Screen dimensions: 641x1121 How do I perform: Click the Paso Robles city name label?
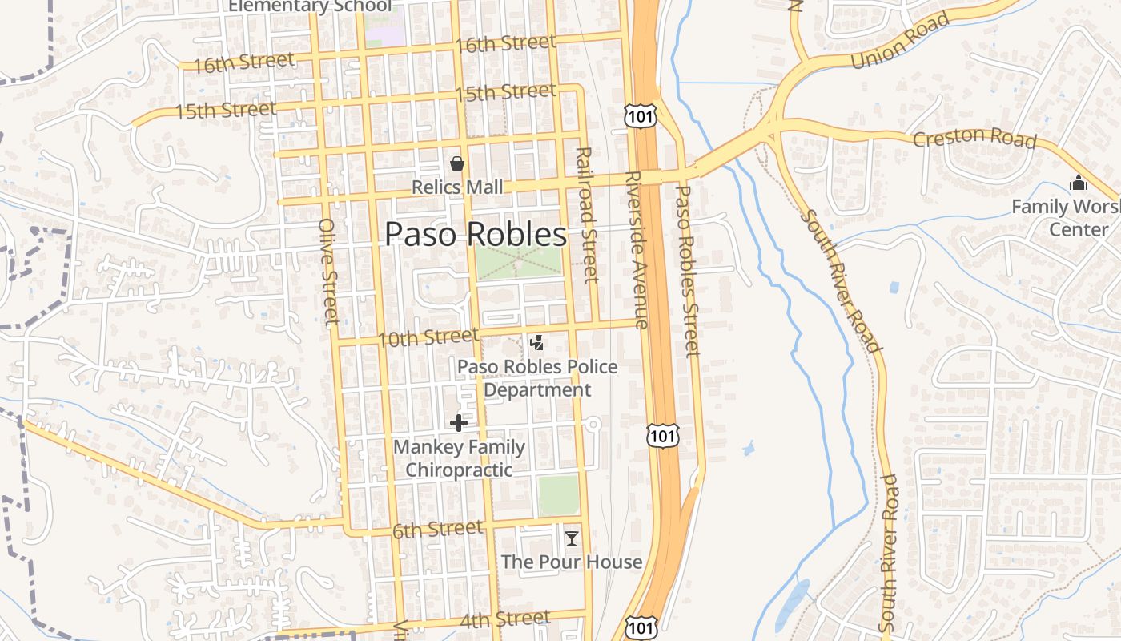click(x=476, y=234)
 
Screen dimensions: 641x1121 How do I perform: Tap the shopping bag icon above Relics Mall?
click(x=457, y=164)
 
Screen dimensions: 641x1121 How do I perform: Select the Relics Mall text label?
click(x=457, y=187)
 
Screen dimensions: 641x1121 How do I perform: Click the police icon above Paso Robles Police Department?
click(x=537, y=343)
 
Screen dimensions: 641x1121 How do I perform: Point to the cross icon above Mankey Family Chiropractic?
click(x=459, y=423)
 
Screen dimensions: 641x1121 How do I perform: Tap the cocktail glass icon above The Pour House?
click(x=571, y=538)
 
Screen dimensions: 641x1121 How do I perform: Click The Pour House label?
click(x=571, y=562)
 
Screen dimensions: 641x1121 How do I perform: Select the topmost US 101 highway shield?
click(x=641, y=115)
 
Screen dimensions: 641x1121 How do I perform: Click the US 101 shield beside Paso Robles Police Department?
click(x=662, y=435)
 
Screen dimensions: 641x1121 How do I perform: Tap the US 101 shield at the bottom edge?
click(x=641, y=628)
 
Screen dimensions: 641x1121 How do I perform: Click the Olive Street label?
click(x=329, y=272)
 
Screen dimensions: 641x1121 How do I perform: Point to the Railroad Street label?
click(x=587, y=215)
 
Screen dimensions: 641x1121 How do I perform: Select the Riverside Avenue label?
click(x=634, y=250)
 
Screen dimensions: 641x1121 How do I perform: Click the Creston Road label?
click(x=974, y=138)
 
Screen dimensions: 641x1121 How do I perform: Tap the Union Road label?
click(x=900, y=40)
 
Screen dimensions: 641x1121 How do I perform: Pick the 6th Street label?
click(x=437, y=530)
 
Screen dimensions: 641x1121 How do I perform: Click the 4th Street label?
click(x=504, y=619)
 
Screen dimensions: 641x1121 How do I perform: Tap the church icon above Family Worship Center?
click(x=1078, y=183)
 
